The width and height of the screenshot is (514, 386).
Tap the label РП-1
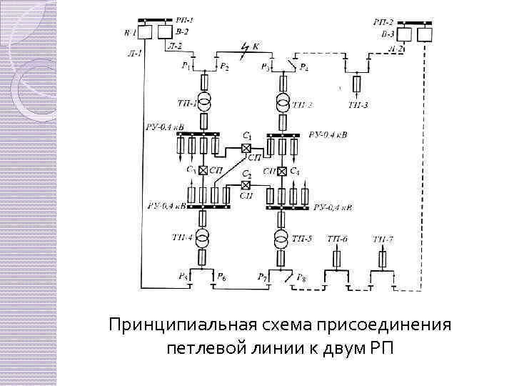(183, 23)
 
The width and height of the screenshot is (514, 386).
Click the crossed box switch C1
(246, 148)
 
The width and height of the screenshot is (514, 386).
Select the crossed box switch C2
(246, 185)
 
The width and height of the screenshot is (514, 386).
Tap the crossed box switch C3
(203, 171)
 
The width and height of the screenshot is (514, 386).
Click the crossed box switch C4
(283, 171)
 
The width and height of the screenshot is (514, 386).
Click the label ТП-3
(358, 106)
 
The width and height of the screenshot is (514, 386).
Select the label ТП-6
(337, 238)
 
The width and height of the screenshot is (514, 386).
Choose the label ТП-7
(383, 238)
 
